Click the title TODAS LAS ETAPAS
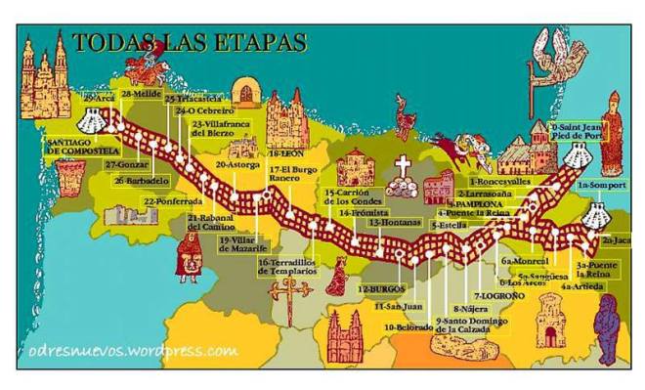click(189, 43)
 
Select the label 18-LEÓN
click(284, 154)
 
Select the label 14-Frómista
click(364, 212)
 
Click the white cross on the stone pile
click(402, 166)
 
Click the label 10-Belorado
click(408, 327)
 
